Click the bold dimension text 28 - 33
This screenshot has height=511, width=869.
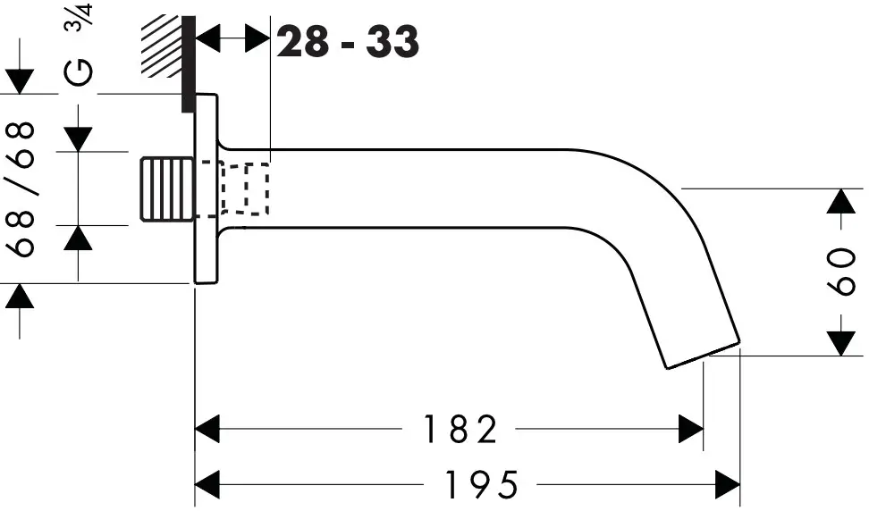348,41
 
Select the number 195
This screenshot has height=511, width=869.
480,485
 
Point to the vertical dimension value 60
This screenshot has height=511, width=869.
841,272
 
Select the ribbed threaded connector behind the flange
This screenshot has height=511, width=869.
168,188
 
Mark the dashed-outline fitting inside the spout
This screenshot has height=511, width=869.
245,188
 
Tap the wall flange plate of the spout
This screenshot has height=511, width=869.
206,188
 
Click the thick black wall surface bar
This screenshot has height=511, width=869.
188,63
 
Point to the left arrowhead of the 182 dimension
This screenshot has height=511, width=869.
207,430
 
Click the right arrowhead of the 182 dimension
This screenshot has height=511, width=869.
691,430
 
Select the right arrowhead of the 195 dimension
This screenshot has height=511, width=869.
728,485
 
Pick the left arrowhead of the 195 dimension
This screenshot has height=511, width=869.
207,485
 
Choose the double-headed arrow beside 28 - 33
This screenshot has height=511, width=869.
232,38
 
